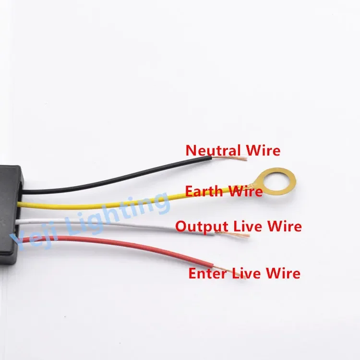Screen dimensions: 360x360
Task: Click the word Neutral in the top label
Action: coord(213,150)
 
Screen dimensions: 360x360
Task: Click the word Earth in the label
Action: coord(203,192)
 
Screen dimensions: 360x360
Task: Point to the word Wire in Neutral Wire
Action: coord(263,150)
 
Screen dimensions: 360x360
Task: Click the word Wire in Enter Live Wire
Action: coord(283,274)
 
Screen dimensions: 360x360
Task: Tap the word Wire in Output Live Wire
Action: coord(285,226)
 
